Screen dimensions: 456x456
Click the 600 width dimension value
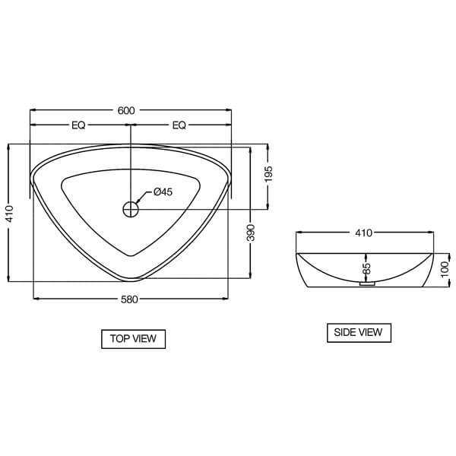tap(126, 111)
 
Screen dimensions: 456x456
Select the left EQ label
tap(78, 125)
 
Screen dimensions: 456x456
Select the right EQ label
tap(179, 125)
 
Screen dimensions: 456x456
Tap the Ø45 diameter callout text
tap(163, 192)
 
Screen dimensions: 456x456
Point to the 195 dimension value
tap(268, 175)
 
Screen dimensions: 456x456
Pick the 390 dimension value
tap(251, 233)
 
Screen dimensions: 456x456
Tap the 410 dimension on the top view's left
tap(8, 214)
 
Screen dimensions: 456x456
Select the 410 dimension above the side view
tap(364, 233)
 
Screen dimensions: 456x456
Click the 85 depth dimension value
tap(366, 268)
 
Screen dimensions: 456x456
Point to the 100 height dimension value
tap(445, 269)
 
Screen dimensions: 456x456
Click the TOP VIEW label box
tap(133, 339)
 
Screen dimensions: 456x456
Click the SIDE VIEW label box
tap(359, 332)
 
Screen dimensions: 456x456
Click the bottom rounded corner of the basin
tap(131, 274)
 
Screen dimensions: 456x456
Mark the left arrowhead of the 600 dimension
tap(32, 111)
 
